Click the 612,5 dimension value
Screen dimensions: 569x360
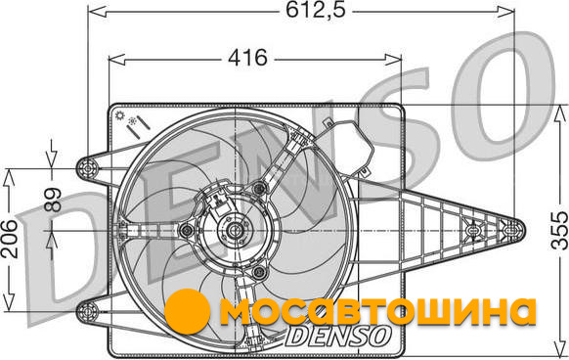click(x=316, y=10)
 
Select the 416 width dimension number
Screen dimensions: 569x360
click(x=248, y=58)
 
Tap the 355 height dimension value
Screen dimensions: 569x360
click(x=559, y=230)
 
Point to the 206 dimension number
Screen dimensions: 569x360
click(x=9, y=239)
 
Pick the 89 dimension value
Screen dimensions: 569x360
click(x=53, y=199)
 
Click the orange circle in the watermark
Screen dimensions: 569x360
click(x=188, y=311)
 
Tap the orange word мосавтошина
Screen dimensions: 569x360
click(x=377, y=312)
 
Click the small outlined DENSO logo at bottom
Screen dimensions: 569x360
click(x=338, y=336)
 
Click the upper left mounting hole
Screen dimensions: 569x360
click(x=87, y=168)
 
